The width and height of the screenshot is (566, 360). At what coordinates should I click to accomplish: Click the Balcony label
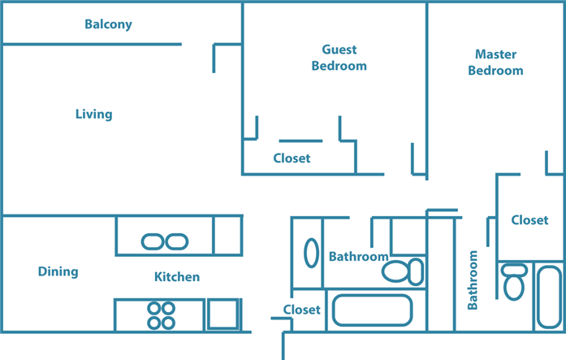(108, 24)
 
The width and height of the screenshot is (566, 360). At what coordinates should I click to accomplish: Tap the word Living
(93, 115)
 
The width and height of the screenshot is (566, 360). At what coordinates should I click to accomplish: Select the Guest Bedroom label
(339, 58)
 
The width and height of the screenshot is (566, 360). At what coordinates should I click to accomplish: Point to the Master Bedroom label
(495, 63)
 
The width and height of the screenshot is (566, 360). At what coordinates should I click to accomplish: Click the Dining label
(58, 271)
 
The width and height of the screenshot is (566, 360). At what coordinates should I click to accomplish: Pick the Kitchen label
(177, 277)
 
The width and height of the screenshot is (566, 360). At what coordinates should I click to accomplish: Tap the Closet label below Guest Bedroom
(292, 158)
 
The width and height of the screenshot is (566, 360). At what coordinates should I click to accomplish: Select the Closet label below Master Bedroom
(529, 220)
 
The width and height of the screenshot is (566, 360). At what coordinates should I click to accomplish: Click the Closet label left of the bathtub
(301, 310)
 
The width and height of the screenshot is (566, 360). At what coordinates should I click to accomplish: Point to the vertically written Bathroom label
(473, 280)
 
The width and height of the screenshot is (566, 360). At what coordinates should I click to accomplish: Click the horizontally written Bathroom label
(358, 257)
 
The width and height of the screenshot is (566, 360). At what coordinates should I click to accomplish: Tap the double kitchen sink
(165, 241)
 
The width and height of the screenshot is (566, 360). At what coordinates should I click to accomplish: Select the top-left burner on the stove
(154, 308)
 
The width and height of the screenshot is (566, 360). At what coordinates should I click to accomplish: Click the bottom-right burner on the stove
(168, 323)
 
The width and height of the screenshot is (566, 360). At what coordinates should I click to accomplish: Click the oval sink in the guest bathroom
(311, 253)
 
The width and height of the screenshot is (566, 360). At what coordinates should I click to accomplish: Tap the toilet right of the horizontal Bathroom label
(404, 270)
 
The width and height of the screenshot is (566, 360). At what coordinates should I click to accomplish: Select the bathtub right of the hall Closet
(372, 310)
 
